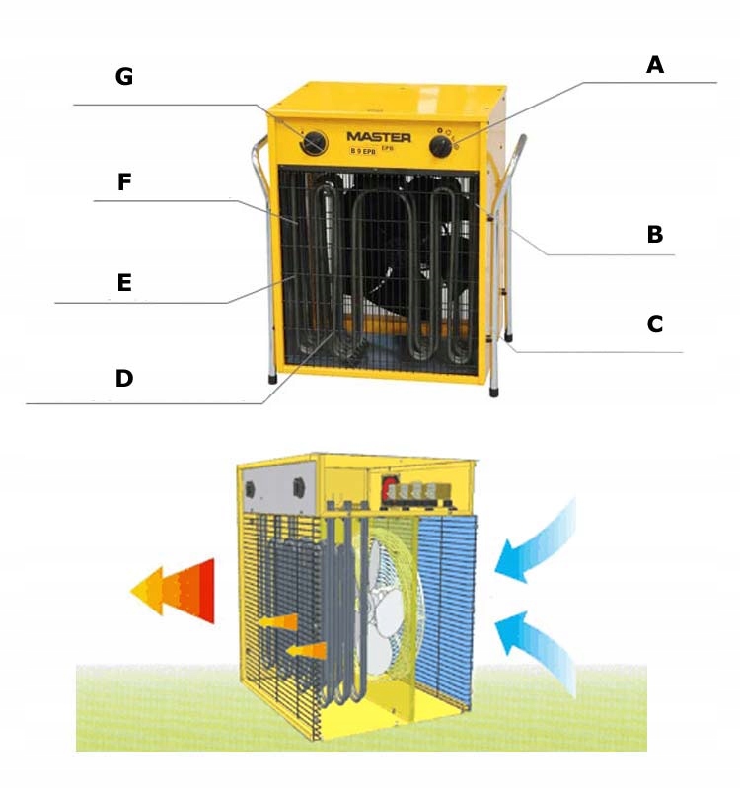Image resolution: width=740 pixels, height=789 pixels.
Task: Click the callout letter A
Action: (655, 65)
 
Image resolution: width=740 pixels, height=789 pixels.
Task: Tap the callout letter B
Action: (654, 235)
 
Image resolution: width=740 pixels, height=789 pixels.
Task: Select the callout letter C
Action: (654, 323)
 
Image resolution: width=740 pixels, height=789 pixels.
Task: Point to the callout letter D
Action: (123, 378)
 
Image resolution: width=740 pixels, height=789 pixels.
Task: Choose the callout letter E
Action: (123, 283)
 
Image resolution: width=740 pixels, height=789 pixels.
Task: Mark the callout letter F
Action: (123, 182)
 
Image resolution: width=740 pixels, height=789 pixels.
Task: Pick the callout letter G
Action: (123, 77)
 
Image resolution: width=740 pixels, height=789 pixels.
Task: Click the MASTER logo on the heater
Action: (377, 137)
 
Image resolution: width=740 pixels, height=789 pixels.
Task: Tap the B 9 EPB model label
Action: (367, 151)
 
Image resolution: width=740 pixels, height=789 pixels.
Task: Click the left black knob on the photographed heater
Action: (313, 142)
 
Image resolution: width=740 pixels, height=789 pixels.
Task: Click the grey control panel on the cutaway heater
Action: (275, 488)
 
